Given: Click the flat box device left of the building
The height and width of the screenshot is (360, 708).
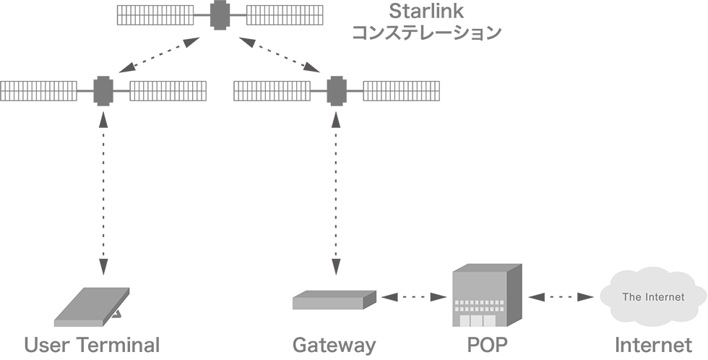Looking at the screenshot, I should pos(334,299).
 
